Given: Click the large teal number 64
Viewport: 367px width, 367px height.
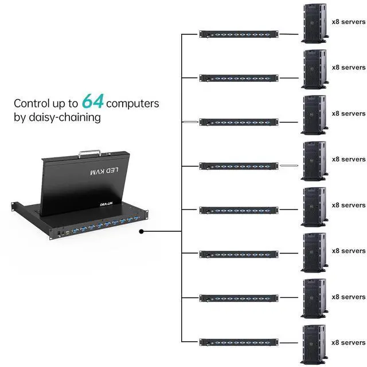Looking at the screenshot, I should click(92, 102).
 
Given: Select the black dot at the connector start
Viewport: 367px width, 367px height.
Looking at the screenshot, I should click(142, 232).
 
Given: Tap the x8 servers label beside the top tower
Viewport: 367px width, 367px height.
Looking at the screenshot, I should click(348, 22).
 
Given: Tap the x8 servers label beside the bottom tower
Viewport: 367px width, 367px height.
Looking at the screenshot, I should click(348, 342).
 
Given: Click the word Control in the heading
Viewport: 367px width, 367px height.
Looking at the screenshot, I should click(32, 104).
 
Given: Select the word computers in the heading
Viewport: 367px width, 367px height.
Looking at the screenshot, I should click(132, 104).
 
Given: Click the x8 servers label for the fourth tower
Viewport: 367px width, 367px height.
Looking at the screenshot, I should click(348, 159).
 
